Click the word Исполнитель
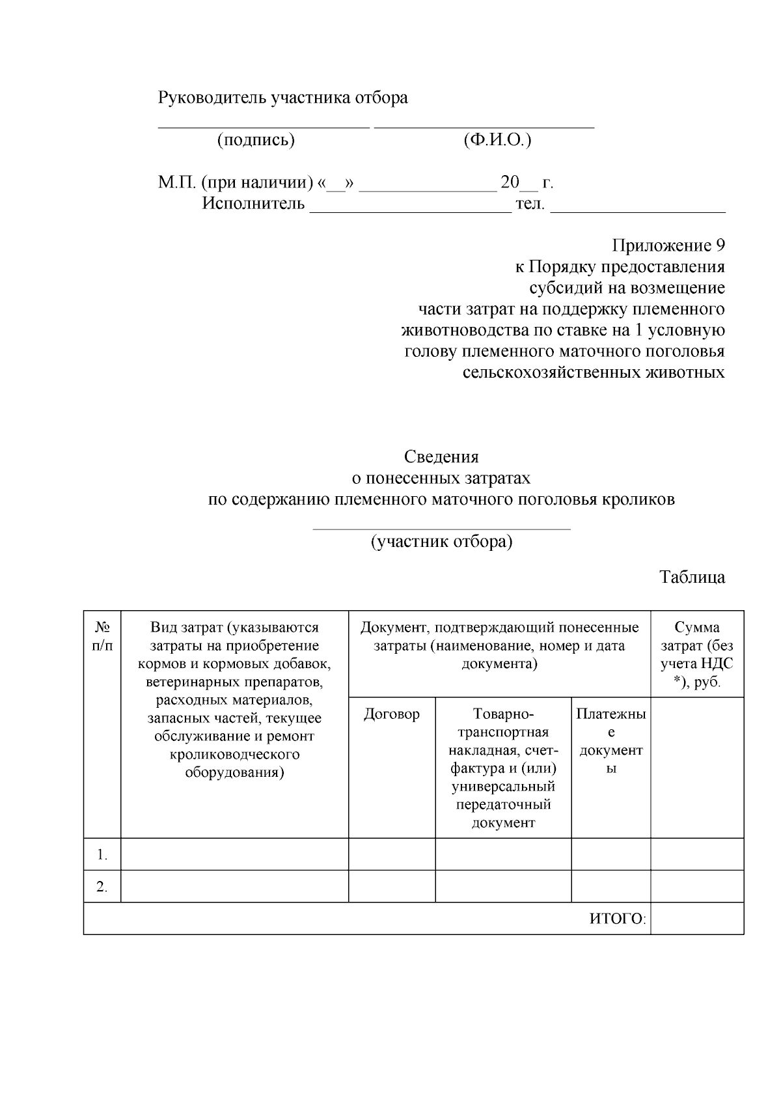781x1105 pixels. pyautogui.click(x=253, y=204)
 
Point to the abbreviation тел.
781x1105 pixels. pyautogui.click(x=530, y=204)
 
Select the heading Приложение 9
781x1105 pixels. pyautogui.click(x=668, y=245)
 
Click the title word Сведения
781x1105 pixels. pyautogui.click(x=441, y=456)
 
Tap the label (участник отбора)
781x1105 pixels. pyautogui.click(x=441, y=542)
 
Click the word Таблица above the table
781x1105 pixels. pyautogui.click(x=692, y=578)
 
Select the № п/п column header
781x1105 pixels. pyautogui.click(x=102, y=636)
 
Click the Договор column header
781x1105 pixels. pyautogui.click(x=391, y=714)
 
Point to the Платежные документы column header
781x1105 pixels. pyautogui.click(x=610, y=740)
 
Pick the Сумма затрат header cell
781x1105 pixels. pyautogui.click(x=696, y=654)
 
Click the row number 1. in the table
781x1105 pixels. pyautogui.click(x=102, y=854)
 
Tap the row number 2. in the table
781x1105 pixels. pyautogui.click(x=102, y=887)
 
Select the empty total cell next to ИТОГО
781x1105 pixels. pyautogui.click(x=696, y=919)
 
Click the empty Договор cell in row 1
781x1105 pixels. pyautogui.click(x=391, y=854)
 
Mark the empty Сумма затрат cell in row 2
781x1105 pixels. pyautogui.click(x=696, y=887)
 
